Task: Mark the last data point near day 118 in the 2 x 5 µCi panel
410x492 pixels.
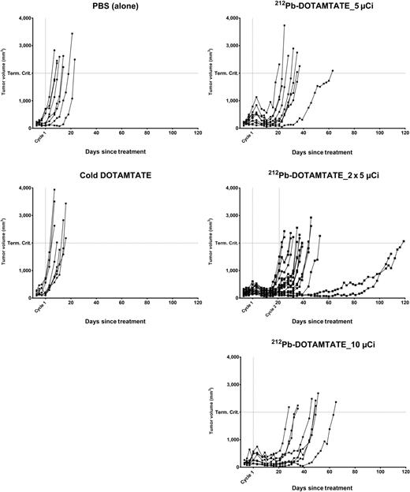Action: [x=404, y=241]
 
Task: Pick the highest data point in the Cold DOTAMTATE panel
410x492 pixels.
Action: [x=54, y=189]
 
